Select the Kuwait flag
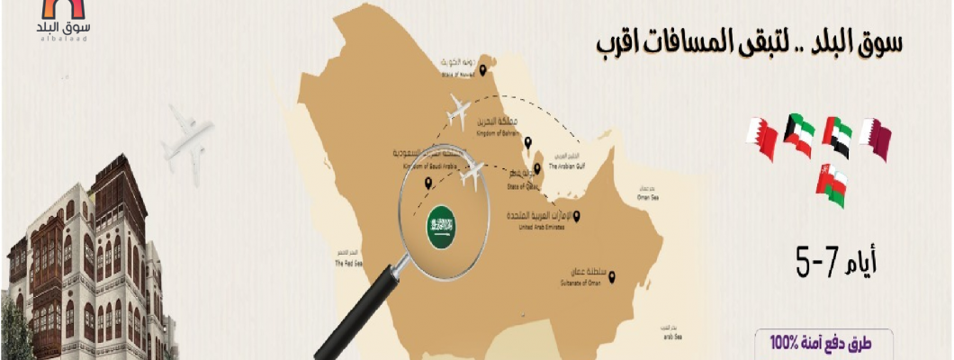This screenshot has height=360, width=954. (x=798, y=135)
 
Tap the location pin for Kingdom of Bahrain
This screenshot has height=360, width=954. (x=530, y=141)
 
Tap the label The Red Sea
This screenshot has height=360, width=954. (x=347, y=264)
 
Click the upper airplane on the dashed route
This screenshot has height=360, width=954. (x=458, y=113)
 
